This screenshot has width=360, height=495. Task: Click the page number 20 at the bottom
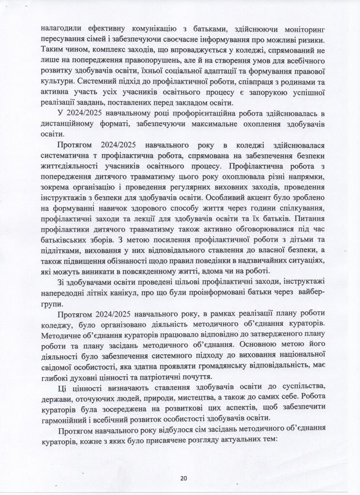click(183, 478)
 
